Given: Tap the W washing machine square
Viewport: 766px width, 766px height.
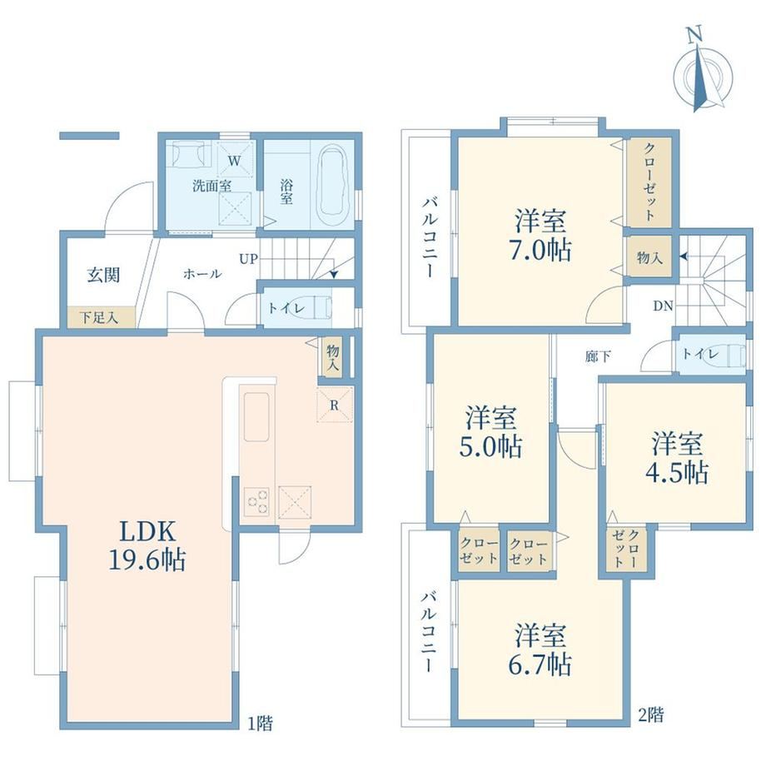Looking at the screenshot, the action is tap(235, 160).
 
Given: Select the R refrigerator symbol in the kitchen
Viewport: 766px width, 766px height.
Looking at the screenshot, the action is tap(335, 405).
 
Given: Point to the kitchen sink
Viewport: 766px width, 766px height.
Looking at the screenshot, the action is tap(256, 416).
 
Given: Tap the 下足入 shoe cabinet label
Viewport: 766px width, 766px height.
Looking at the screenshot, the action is tap(99, 318).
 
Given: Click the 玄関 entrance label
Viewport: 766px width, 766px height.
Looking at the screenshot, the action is tap(103, 275).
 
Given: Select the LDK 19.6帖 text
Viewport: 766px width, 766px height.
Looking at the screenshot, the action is tap(147, 545).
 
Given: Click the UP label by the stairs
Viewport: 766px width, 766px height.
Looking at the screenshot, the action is tap(248, 258).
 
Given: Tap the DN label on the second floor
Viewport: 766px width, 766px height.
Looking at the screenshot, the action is tap(663, 306).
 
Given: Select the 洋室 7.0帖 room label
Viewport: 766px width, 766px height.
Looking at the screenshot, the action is tap(541, 236).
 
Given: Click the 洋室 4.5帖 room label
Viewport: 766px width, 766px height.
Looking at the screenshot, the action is tap(677, 458).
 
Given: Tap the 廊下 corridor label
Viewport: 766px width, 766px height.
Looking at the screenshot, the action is tap(598, 356).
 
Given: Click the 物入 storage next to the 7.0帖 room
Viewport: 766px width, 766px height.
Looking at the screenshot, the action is tap(649, 257).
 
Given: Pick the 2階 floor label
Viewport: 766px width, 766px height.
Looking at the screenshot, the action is tap(651, 716).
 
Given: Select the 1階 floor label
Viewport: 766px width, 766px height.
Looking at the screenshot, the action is tap(260, 723).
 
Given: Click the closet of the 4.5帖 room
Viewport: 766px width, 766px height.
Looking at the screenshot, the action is tap(626, 548).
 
